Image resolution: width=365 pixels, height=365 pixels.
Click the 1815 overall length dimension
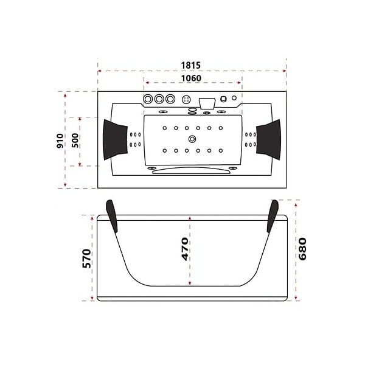point(190,66)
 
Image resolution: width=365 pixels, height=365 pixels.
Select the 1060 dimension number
point(191,78)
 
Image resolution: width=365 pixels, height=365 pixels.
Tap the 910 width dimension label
point(60,141)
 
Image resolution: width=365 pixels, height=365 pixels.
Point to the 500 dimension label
point(75,141)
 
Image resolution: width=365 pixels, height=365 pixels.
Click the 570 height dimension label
point(86,259)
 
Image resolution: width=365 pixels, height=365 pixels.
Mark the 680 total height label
point(302,249)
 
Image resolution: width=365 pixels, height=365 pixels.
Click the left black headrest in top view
point(115,140)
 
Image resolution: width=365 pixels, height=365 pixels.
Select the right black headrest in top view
point(269,140)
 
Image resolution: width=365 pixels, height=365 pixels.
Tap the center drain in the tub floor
point(192,139)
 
